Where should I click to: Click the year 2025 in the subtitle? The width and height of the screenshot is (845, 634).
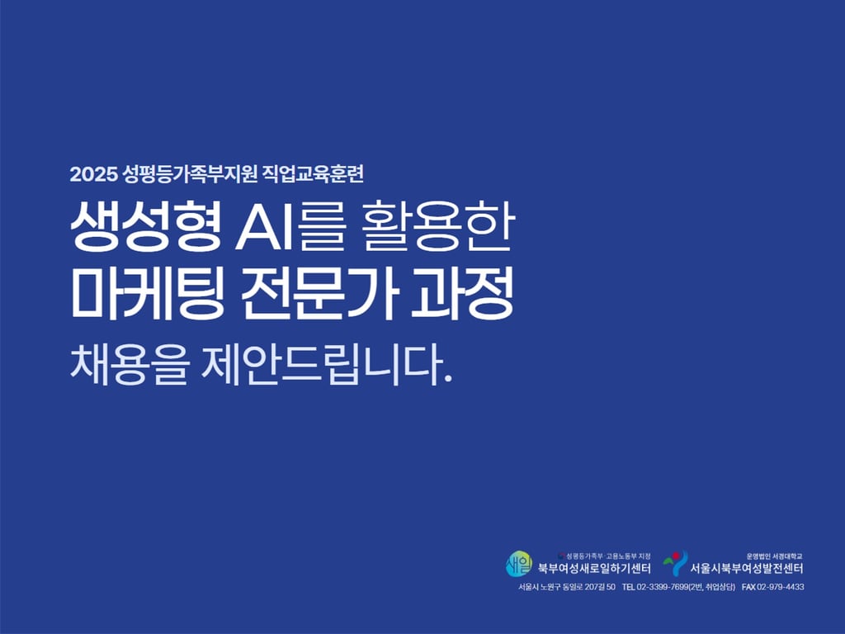(93, 174)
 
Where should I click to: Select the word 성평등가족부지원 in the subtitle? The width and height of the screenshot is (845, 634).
(190, 173)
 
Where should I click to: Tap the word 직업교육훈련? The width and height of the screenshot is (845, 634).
(313, 173)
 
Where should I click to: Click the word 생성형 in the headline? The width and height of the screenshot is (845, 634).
(146, 226)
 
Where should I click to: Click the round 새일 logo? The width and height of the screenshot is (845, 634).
(518, 564)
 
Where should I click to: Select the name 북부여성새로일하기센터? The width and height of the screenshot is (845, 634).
(594, 568)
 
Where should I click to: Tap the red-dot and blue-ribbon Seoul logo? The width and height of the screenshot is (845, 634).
(676, 563)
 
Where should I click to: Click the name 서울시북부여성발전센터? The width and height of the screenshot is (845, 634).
(747, 568)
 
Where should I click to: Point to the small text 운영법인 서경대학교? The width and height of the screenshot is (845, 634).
(775, 556)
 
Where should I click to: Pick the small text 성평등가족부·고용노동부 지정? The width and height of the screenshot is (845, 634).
(605, 556)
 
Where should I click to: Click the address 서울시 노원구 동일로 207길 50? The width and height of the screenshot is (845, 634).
(566, 587)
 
